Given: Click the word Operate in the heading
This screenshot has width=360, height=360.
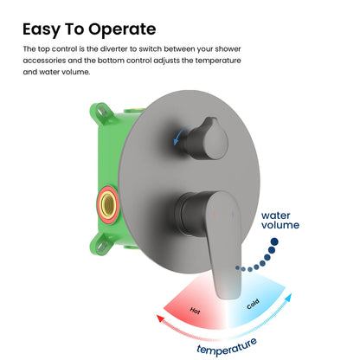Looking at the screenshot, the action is [x=122, y=29].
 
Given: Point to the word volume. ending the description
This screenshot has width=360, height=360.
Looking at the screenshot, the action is [x=76, y=72].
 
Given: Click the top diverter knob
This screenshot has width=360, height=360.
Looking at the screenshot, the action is [x=209, y=139].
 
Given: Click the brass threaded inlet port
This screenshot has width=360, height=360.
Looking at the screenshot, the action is [x=108, y=204].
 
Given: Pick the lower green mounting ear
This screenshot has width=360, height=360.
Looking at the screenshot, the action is [x=100, y=244].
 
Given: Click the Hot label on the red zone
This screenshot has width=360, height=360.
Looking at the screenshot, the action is [x=195, y=311].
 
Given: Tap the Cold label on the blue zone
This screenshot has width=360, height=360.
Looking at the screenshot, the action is [x=253, y=304].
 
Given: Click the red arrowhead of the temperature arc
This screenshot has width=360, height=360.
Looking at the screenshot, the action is [x=160, y=318].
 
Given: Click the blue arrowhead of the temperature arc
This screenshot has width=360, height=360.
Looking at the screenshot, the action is [x=288, y=298].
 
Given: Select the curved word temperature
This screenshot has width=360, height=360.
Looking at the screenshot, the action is [x=227, y=346].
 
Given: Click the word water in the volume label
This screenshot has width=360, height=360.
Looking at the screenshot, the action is [x=276, y=215].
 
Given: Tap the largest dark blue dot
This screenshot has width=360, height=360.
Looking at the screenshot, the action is [x=274, y=241].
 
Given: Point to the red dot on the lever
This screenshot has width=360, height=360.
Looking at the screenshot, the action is [x=215, y=215].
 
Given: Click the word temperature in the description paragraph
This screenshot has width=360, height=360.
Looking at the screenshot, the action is [x=218, y=61].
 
